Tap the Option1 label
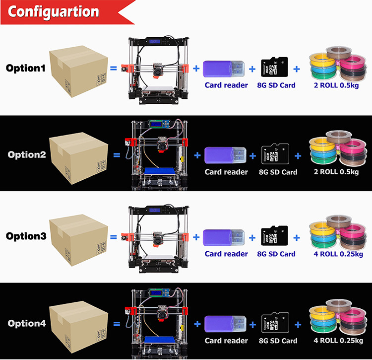click(26, 68)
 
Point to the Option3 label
click(26, 236)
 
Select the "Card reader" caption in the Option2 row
click(226, 172)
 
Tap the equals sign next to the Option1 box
click(114, 68)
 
